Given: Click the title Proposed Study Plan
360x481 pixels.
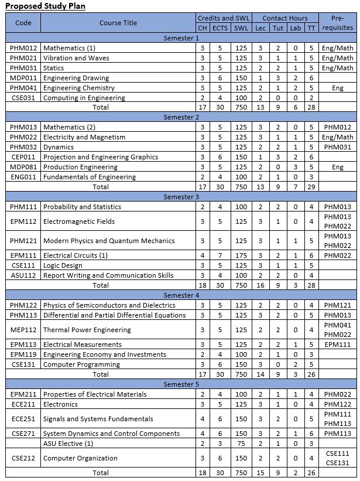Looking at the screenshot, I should (46, 6).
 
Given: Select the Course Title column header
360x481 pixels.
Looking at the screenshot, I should (118, 23).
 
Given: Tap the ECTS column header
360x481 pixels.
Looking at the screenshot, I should (221, 28).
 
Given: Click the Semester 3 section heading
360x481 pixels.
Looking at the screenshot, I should (181, 197).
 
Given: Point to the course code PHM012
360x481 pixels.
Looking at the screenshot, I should (23, 48).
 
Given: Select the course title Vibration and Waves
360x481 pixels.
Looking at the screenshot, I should (76, 58).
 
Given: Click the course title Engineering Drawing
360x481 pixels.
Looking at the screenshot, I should (76, 78).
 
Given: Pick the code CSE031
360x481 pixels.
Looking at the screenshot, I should (23, 98).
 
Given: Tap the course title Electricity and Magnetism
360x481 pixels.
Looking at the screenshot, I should (84, 137).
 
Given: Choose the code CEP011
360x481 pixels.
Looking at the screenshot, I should (23, 157).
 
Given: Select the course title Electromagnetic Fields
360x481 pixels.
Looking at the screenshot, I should (79, 221).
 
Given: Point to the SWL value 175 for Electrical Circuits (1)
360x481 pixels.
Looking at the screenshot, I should (241, 255).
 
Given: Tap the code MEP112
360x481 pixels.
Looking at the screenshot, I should (23, 330).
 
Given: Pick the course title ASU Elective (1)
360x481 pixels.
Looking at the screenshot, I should (68, 444).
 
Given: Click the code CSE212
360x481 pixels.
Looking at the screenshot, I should (23, 458).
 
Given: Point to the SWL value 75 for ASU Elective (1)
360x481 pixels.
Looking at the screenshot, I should (241, 444).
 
